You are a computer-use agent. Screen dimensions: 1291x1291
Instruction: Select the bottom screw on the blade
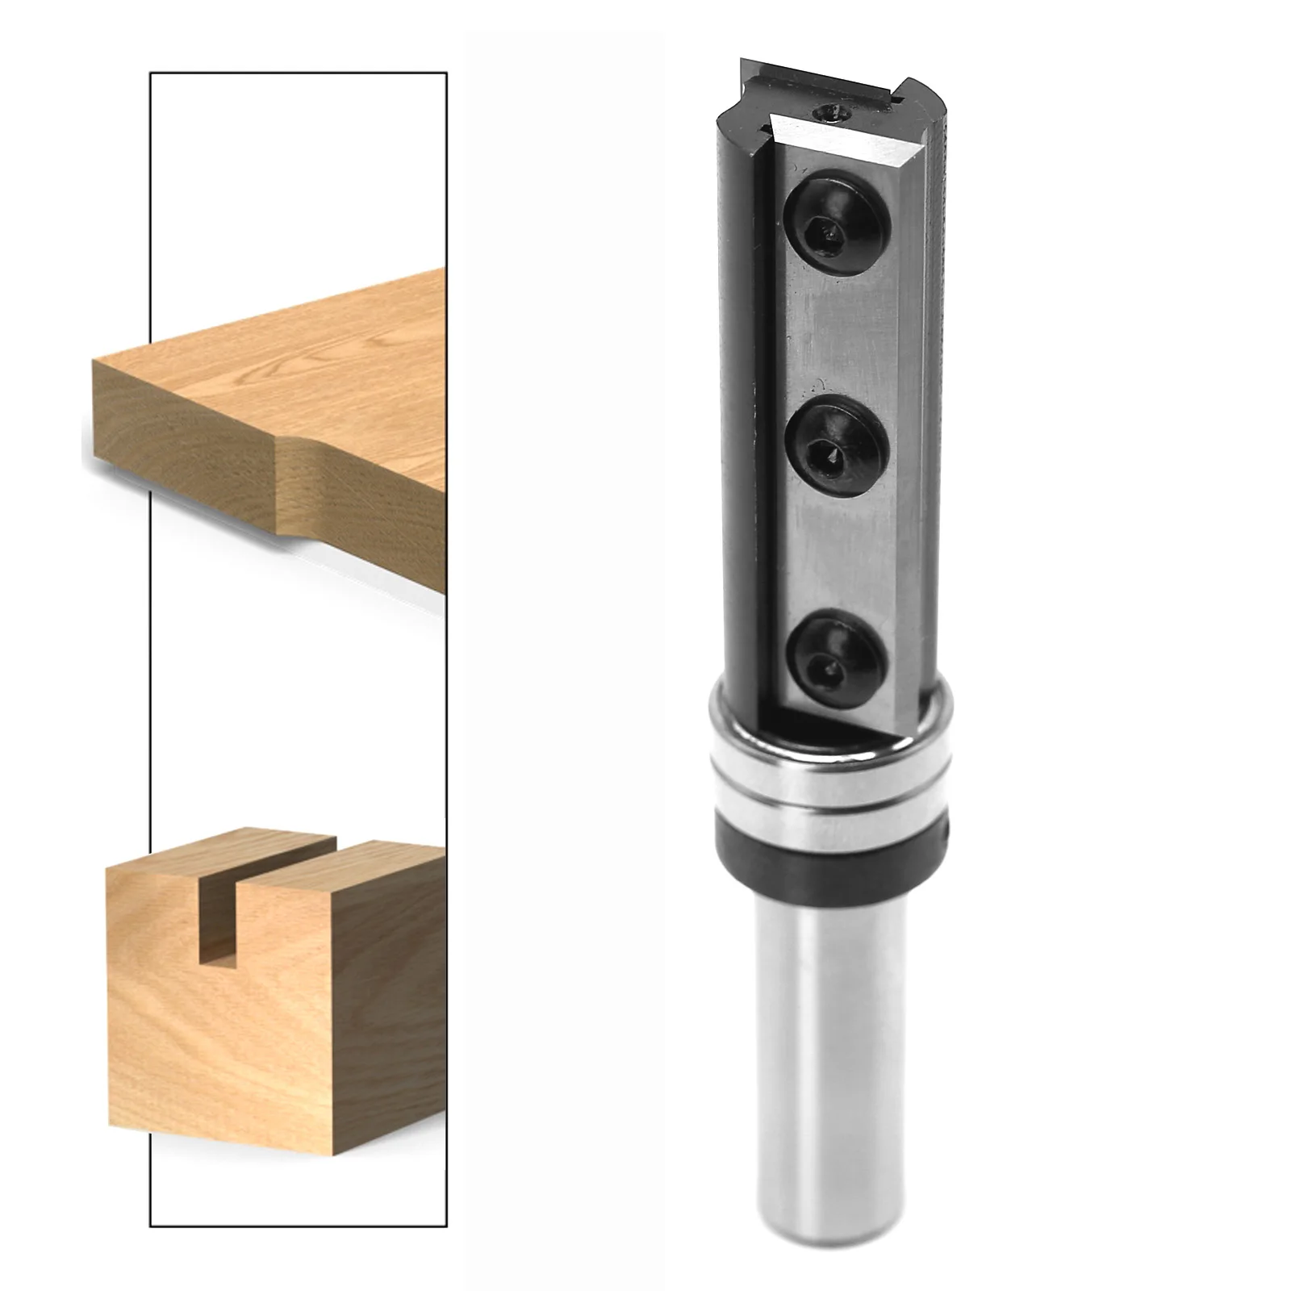point(835,656)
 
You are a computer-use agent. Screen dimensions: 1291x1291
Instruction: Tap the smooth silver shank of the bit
point(831,1049)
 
